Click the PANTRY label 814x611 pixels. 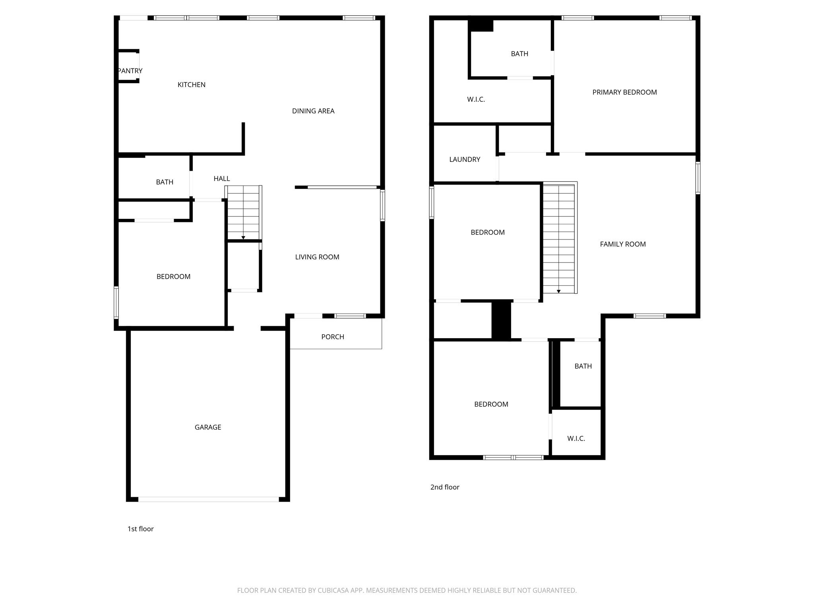click(130, 71)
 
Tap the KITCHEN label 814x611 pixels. click(191, 85)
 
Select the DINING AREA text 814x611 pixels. click(313, 111)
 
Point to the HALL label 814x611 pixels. click(221, 179)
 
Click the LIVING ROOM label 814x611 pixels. click(317, 257)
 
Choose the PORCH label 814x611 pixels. click(332, 337)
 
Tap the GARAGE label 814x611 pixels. click(207, 427)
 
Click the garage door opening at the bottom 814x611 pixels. click(208, 499)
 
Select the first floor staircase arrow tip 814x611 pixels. click(243, 238)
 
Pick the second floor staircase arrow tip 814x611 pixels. click(558, 292)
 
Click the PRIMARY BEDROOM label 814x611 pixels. click(624, 92)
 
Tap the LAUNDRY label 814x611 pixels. click(465, 160)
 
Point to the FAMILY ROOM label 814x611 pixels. click(622, 244)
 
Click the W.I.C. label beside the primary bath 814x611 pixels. click(476, 99)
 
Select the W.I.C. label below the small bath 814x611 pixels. click(576, 438)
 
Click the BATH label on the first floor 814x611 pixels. click(165, 182)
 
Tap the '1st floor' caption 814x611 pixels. click(140, 529)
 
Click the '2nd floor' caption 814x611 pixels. click(444, 487)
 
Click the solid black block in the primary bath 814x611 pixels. click(481, 25)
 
